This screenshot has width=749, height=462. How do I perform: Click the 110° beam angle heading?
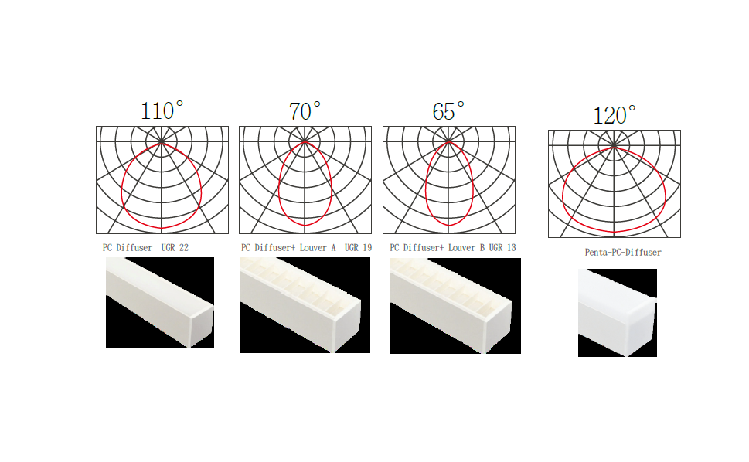(x=162, y=110)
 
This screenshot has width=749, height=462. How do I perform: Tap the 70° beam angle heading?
(x=305, y=111)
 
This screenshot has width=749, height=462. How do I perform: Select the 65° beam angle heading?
(x=448, y=111)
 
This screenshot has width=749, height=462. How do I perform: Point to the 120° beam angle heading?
(x=615, y=115)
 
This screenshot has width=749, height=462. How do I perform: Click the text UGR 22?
(x=175, y=248)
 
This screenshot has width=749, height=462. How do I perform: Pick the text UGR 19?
(x=358, y=248)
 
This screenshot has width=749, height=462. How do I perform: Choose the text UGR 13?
(x=502, y=248)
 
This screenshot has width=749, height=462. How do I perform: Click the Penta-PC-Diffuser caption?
(x=623, y=253)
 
